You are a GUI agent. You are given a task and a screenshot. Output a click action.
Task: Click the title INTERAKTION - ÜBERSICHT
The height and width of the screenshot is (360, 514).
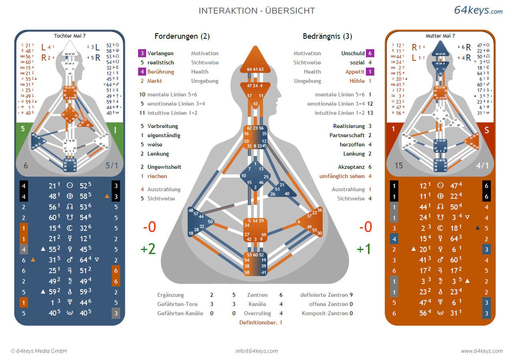click(x=257, y=11)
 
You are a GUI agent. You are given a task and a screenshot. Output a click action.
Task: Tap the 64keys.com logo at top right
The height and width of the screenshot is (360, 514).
click(x=478, y=10)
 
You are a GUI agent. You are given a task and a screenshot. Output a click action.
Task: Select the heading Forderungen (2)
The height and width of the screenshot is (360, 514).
click(x=182, y=36)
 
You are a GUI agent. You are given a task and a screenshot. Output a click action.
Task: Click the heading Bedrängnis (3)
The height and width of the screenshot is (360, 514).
click(x=327, y=36)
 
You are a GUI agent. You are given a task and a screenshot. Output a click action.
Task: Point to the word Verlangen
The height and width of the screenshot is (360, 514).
click(x=161, y=53)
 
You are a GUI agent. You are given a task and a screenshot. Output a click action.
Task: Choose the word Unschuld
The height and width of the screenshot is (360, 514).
click(x=353, y=53)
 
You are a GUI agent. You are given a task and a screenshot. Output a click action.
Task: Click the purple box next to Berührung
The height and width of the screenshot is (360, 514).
click(x=142, y=72)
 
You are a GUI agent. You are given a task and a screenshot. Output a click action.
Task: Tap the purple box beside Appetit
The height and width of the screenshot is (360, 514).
click(x=370, y=72)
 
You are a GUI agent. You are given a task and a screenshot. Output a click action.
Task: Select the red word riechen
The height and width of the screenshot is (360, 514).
click(x=157, y=176)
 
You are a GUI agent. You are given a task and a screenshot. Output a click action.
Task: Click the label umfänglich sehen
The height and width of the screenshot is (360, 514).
click(x=342, y=176)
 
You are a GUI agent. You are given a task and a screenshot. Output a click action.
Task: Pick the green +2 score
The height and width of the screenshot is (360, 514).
click(x=148, y=249)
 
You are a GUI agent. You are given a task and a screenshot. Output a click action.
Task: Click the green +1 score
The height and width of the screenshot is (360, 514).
click(x=364, y=249)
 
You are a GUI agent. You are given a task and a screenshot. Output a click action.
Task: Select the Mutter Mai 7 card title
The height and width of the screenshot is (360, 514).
click(x=440, y=36)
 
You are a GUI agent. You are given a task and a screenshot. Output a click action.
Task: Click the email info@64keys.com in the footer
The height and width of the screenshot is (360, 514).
click(x=257, y=351)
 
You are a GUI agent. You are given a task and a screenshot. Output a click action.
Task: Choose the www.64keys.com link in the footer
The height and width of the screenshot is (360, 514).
click(x=481, y=351)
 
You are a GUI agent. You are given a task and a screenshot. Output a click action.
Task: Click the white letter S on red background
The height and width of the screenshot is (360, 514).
click(x=487, y=130)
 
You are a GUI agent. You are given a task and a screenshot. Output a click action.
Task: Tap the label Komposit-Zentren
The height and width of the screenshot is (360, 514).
click(x=325, y=313)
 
